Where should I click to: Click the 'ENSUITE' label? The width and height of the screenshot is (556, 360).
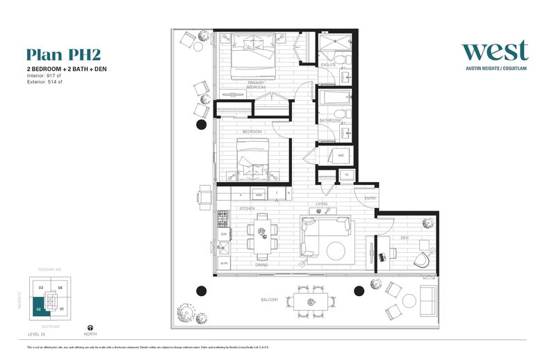[x=329, y=65]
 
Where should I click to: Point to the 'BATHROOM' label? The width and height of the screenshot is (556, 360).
[x=329, y=120]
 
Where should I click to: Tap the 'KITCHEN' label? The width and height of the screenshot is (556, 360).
[x=247, y=208]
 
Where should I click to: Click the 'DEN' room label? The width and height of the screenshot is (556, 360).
[x=404, y=238]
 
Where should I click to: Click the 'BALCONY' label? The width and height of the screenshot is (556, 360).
[x=270, y=300]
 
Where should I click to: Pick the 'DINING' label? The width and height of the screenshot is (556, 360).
[x=262, y=265]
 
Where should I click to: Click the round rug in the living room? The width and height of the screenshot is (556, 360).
[x=338, y=251]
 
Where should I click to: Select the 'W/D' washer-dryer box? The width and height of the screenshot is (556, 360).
[x=341, y=156]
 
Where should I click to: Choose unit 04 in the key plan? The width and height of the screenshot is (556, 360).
[x=60, y=287]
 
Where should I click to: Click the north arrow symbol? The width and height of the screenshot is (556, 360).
[x=89, y=325]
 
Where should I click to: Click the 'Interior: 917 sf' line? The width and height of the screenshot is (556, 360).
[x=47, y=76]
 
